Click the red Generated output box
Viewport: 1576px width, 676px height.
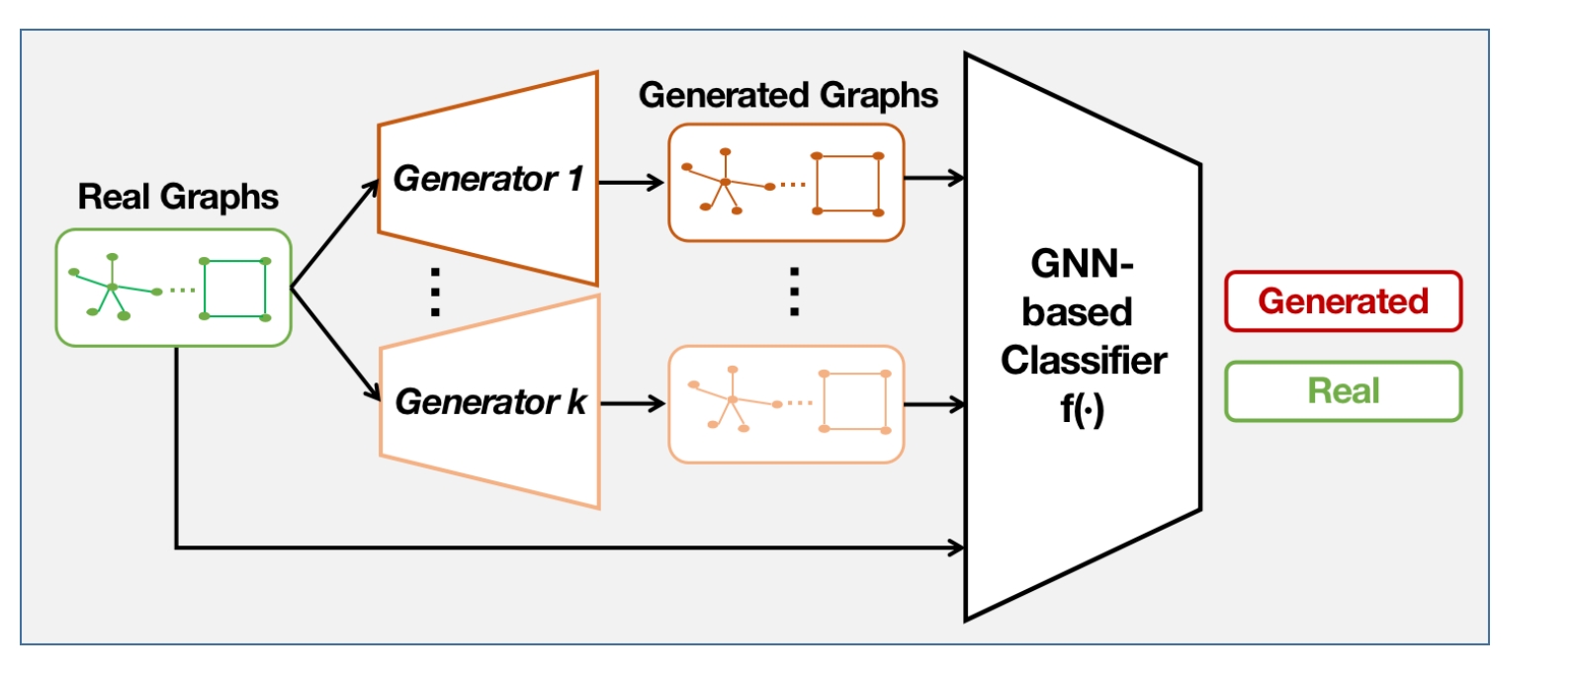pyautogui.click(x=1343, y=300)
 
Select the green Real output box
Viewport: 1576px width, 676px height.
pyautogui.click(x=1343, y=391)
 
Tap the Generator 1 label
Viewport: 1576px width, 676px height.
pyautogui.click(x=488, y=179)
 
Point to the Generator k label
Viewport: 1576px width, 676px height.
pyautogui.click(x=490, y=401)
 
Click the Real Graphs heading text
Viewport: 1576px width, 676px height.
pyautogui.click(x=178, y=197)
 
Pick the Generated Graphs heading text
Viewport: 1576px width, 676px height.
pyautogui.click(x=788, y=95)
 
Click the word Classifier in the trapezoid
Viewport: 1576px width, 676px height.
pyautogui.click(x=1084, y=360)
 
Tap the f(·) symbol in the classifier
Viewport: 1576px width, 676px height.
pyautogui.click(x=1082, y=408)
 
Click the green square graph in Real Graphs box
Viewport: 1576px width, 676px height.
pyautogui.click(x=234, y=289)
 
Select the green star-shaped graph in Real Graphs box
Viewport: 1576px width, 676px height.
pyautogui.click(x=111, y=288)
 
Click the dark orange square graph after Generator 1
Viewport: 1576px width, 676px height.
pyautogui.click(x=847, y=184)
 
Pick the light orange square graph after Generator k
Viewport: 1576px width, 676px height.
pyautogui.click(x=855, y=401)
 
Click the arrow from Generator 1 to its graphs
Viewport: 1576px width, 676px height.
pyautogui.click(x=631, y=182)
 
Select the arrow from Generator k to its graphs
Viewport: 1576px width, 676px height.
pyautogui.click(x=633, y=403)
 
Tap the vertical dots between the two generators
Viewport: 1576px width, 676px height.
pyautogui.click(x=435, y=291)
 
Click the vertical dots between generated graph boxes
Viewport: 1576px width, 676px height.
pyautogui.click(x=794, y=291)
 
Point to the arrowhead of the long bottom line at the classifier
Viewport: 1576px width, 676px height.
pyautogui.click(x=957, y=547)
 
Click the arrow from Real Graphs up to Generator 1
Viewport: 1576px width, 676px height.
pyautogui.click(x=334, y=233)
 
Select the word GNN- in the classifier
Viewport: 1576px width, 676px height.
pyautogui.click(x=1082, y=264)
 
